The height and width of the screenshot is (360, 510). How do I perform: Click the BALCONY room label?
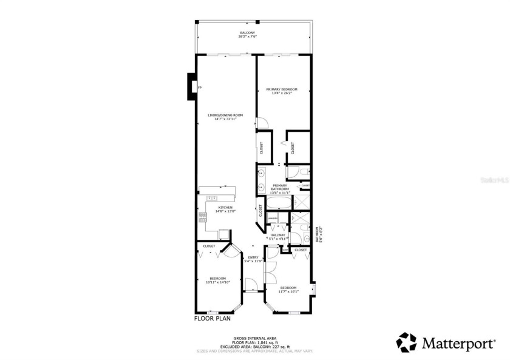point(247,33)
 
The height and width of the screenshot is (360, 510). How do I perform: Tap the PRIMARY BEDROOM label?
point(282,89)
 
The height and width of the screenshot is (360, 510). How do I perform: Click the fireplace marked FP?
point(192,87)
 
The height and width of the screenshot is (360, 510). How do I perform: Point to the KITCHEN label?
point(225,208)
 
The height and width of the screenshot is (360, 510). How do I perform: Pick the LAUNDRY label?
point(273,218)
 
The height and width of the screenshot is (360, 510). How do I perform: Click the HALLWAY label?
point(277,235)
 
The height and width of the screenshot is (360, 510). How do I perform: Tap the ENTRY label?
point(253,257)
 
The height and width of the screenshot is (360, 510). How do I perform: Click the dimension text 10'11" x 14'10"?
point(216,282)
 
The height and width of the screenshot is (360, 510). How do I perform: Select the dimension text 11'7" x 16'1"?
point(288,291)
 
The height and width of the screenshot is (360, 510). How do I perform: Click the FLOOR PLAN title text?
point(211,318)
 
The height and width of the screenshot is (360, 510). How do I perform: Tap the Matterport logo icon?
point(406,342)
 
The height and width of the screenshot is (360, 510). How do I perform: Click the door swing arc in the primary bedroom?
point(262,123)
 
